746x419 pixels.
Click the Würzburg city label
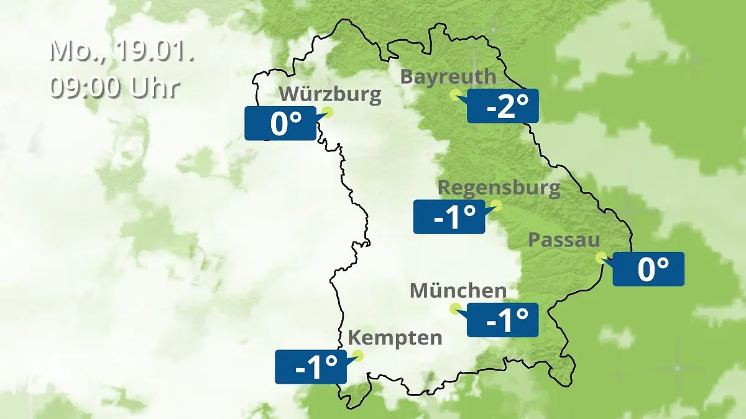coord(329,95)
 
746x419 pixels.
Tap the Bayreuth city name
coord(448,77)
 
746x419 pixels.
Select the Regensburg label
coord(499,187)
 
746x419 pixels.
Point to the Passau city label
coord(564,240)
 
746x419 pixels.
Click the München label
coord(458,291)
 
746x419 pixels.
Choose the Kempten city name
coord(395,338)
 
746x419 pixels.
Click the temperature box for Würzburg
coord(280,123)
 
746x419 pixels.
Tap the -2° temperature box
coord(502,106)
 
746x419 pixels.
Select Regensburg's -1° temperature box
coord(449,217)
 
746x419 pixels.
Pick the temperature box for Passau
coord(648,269)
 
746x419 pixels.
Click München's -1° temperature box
coord(502,320)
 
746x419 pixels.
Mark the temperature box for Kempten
coord(311,367)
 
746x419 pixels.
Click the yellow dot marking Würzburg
coord(328,112)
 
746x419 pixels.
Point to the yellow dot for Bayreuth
coord(455,94)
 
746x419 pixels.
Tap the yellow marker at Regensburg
coord(496,205)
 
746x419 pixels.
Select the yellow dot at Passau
coord(601,257)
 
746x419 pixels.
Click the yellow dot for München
coord(455,308)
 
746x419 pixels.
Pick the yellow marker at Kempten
coord(357,355)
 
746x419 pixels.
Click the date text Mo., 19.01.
coord(122,51)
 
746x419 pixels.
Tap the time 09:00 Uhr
coord(115,87)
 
